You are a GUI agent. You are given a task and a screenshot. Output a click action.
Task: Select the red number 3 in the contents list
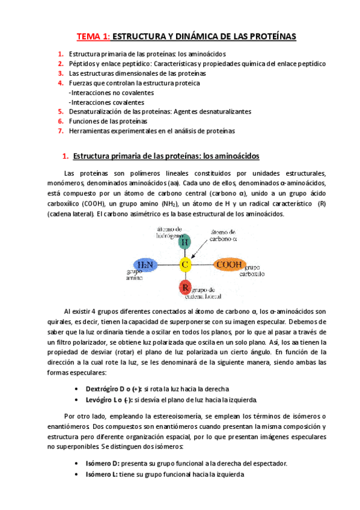pyautogui.click(x=61, y=73)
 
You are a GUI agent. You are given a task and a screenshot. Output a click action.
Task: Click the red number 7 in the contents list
pyautogui.click(x=61, y=131)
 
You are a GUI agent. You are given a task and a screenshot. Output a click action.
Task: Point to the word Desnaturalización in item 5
pyautogui.click(x=96, y=112)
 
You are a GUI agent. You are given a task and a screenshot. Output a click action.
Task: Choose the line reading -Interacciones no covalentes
pyautogui.click(x=112, y=93)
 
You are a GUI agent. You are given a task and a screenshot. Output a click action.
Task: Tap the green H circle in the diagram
pyautogui.click(x=185, y=241)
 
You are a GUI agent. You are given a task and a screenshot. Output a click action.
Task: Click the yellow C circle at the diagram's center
pyautogui.click(x=185, y=264)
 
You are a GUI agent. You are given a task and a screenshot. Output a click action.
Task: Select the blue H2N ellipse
pyautogui.click(x=145, y=264)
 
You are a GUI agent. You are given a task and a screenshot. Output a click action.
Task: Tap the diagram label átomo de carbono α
pyautogui.click(x=227, y=235)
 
